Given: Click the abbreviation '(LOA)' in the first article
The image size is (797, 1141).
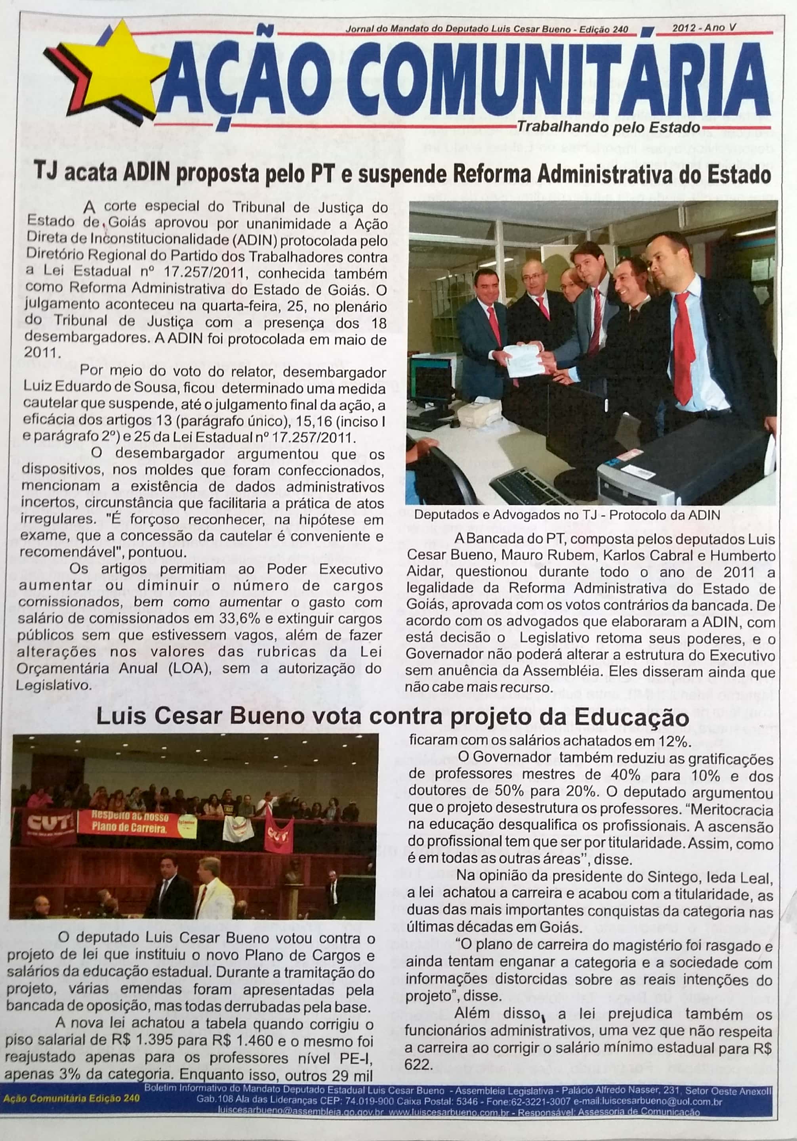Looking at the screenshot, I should (191, 668).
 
